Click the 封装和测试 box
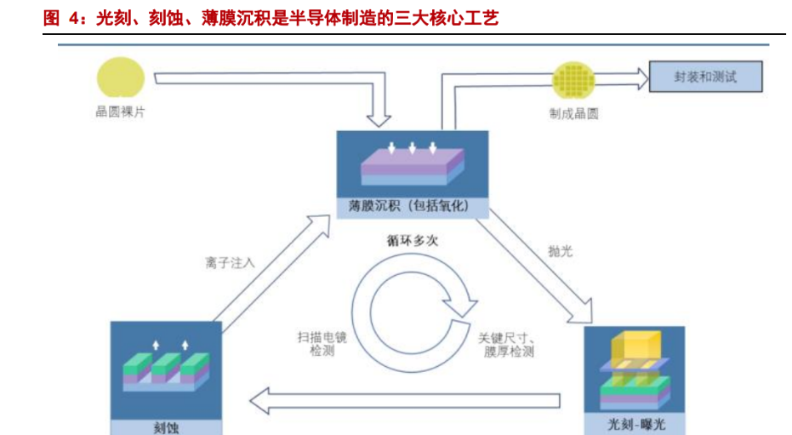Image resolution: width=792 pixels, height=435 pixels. click(705, 77)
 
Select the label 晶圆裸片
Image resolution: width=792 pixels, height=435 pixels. click(120, 112)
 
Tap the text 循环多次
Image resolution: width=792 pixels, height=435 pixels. click(412, 241)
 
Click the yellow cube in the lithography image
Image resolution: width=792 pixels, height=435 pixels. click(633, 345)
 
